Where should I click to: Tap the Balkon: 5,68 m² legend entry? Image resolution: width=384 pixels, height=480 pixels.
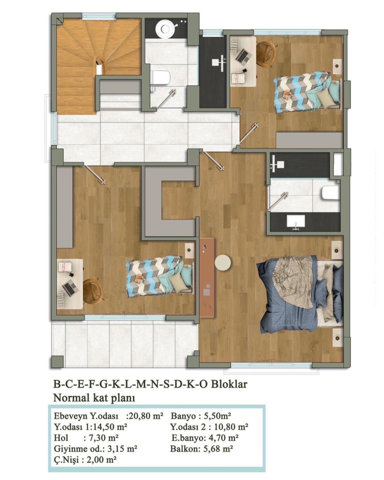(202, 448)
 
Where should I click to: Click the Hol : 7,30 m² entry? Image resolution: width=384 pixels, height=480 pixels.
(86, 438)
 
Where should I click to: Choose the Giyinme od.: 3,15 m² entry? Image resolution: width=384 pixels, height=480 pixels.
(95, 449)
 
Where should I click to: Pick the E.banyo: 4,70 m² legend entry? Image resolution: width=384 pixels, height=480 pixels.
(205, 438)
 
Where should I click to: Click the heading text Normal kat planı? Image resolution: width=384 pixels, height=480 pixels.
(94, 398)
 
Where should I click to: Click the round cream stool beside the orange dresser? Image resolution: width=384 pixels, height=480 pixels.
(223, 263)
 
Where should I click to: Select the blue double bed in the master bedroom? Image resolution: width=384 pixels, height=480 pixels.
(300, 294)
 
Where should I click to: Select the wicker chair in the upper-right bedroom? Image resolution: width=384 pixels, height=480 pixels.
(266, 54)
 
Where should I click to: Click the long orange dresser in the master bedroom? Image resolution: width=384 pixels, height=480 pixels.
(207, 278)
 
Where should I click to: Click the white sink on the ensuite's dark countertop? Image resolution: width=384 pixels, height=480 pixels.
(296, 221)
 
